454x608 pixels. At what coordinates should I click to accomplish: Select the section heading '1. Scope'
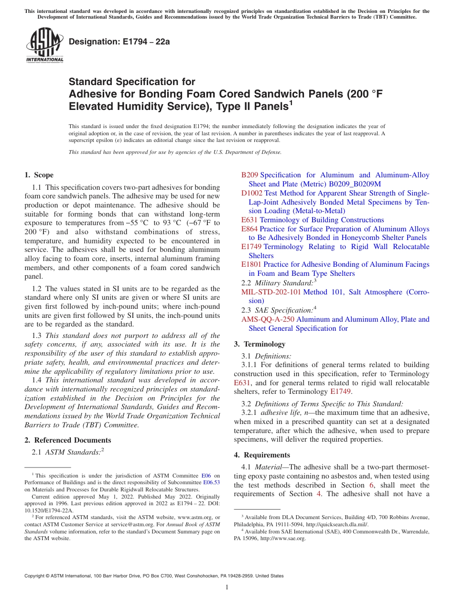click(x=39, y=175)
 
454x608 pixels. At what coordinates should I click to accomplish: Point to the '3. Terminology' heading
click(x=259, y=344)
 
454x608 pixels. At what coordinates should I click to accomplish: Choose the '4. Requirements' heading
click(x=262, y=455)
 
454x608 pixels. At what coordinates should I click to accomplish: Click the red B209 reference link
click(x=249, y=175)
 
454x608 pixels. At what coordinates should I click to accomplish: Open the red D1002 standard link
click(x=252, y=193)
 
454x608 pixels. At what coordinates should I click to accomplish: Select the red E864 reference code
click(x=249, y=229)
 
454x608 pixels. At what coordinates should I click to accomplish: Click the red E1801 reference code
click(x=251, y=264)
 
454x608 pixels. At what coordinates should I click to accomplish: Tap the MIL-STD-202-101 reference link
click(x=271, y=292)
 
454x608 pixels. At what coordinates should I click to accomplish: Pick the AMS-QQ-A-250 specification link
click(x=268, y=319)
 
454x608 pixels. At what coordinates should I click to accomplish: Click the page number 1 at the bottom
click(x=227, y=587)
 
